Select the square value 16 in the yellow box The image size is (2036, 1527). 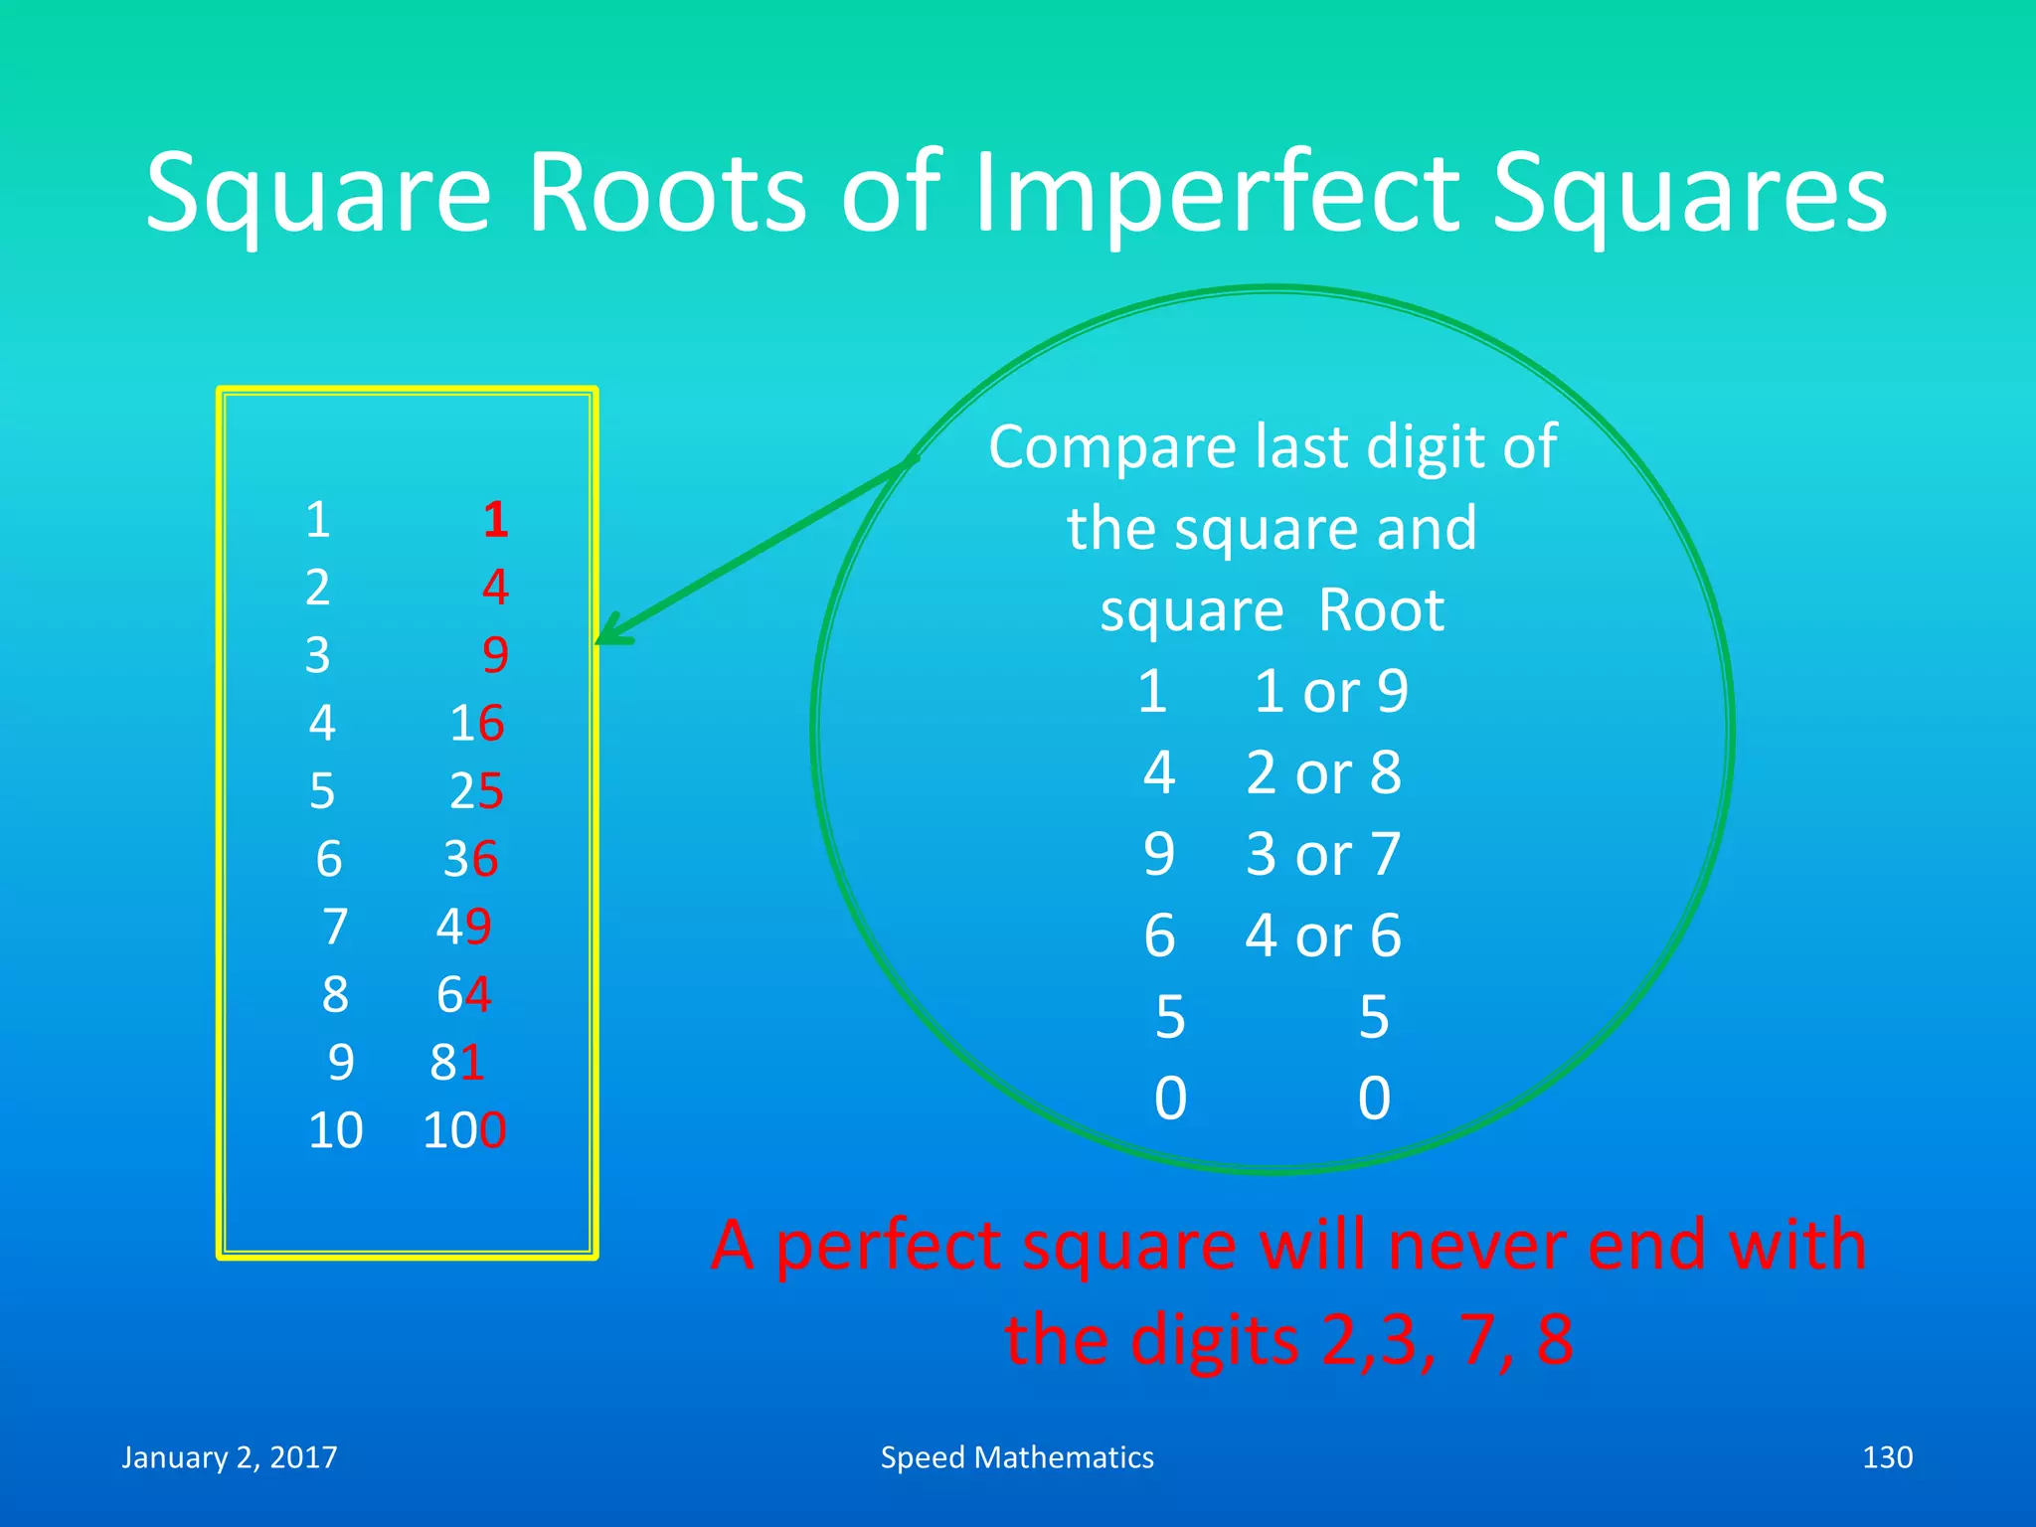coord(477,723)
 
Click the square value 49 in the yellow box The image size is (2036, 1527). coord(464,927)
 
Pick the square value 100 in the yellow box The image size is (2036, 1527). coord(464,1130)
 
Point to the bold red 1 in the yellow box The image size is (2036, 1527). coord(496,520)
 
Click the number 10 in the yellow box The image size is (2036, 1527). coord(335,1130)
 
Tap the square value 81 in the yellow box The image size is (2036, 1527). coord(457,1063)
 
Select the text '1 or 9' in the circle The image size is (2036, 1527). coord(1330,691)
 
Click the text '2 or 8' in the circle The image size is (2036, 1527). coord(1323,772)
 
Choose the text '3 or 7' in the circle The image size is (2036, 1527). coord(1323,854)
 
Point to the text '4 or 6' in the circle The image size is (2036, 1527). coord(1323,935)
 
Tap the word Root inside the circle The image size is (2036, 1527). coord(1381,609)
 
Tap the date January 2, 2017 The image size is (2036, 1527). coord(230,1457)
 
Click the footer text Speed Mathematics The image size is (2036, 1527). coord(1017,1457)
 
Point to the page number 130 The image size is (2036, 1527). coord(1887,1457)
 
